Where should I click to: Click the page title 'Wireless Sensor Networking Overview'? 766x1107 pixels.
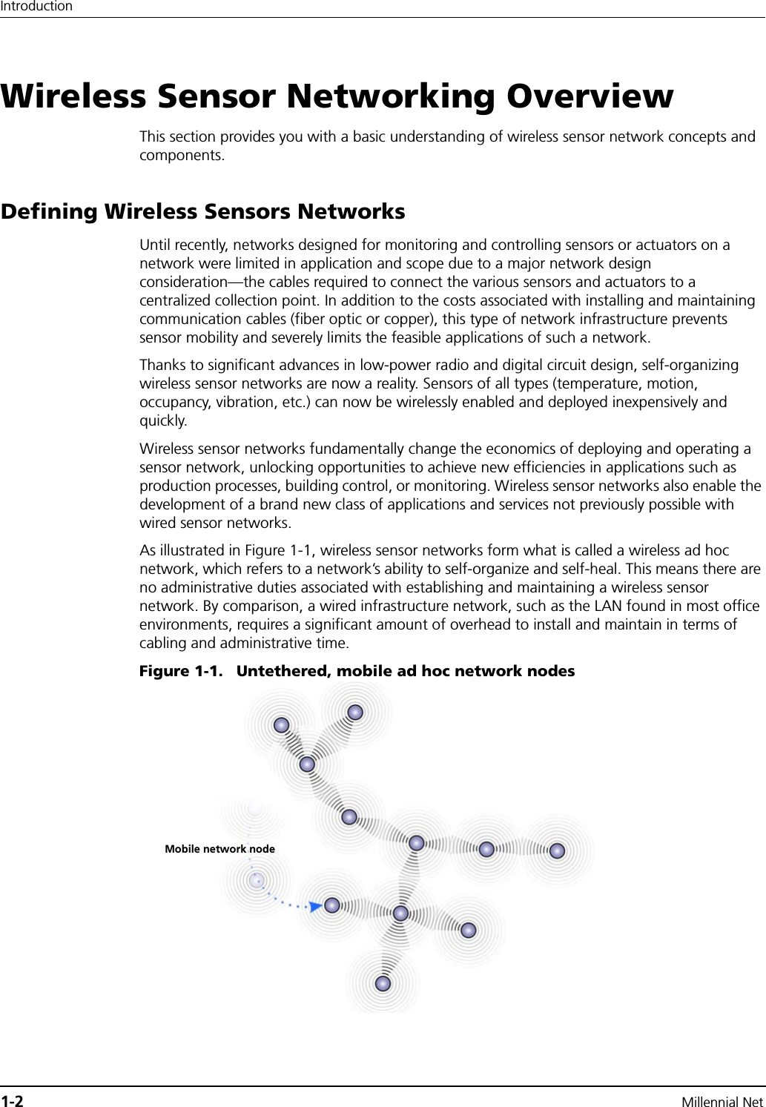click(x=337, y=97)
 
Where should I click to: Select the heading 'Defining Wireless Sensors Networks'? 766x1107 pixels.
click(x=203, y=211)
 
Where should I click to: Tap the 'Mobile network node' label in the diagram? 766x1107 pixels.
click(x=219, y=849)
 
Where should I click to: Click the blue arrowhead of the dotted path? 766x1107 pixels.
click(x=315, y=906)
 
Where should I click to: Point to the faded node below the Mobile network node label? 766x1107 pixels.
click(x=257, y=880)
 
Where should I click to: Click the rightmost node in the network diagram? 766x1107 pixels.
click(x=557, y=850)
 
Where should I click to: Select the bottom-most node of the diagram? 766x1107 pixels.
click(x=383, y=984)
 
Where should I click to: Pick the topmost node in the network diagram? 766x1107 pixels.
click(x=355, y=713)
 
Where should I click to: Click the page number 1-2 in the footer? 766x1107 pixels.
click(x=13, y=1101)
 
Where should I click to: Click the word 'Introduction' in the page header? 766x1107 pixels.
click(x=36, y=7)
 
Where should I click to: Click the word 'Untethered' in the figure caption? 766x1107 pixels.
click(x=283, y=671)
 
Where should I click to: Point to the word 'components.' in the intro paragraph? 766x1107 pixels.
click(x=182, y=156)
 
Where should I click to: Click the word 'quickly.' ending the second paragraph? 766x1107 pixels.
click(x=164, y=420)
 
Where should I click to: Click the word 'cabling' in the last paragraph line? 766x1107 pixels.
click(x=165, y=643)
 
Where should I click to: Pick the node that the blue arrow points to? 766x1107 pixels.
click(x=332, y=905)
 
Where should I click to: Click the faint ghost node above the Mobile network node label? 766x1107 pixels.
click(x=255, y=807)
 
